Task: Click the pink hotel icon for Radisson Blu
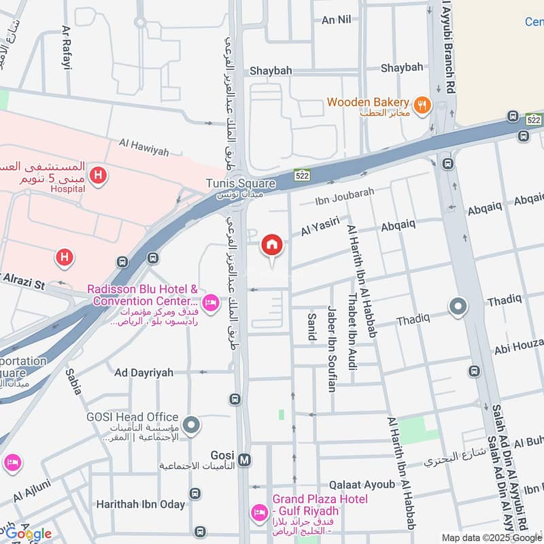(x=211, y=302)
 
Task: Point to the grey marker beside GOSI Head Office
(x=192, y=426)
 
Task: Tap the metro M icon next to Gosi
(x=245, y=460)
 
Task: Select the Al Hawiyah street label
(x=143, y=147)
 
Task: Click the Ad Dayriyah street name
(x=143, y=373)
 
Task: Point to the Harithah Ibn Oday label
(x=140, y=504)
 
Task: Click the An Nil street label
(x=336, y=20)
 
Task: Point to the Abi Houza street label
(x=520, y=347)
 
